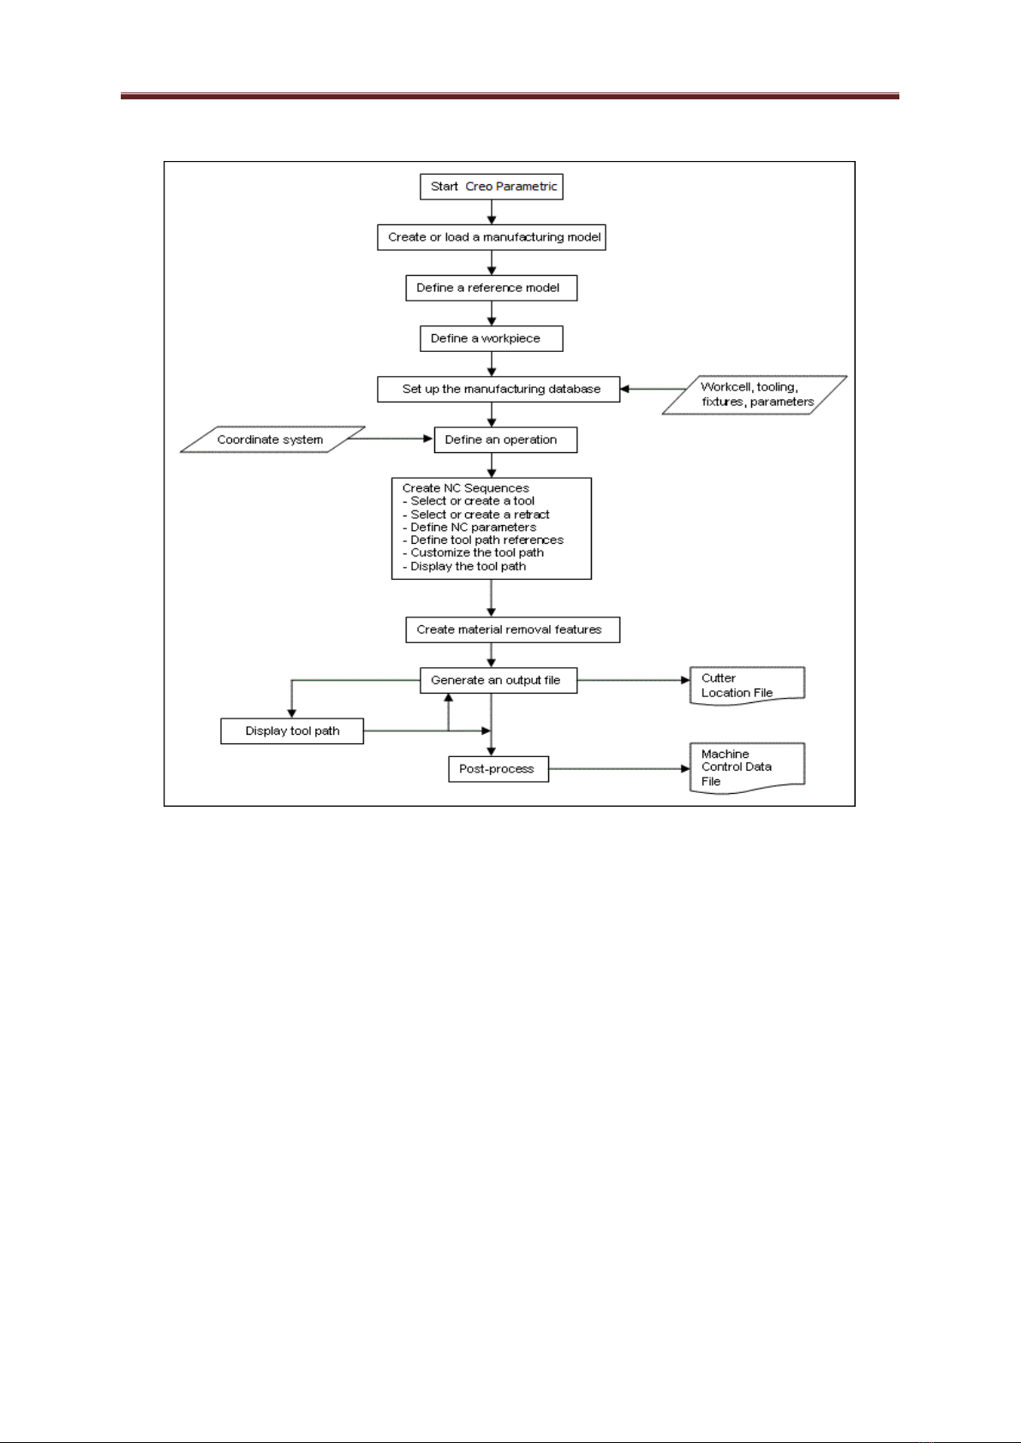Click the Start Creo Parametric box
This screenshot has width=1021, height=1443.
point(491,187)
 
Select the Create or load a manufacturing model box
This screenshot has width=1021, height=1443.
point(491,237)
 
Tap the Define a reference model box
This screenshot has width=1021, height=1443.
point(491,288)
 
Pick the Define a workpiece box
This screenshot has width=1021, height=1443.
point(491,338)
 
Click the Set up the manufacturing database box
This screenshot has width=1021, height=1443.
point(499,389)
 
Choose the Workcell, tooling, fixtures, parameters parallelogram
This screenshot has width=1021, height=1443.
point(755,395)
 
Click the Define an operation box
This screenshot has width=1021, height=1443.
point(505,439)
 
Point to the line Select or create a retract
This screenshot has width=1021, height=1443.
point(480,514)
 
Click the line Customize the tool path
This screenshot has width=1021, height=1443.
point(476,552)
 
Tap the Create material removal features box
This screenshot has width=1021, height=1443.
point(512,629)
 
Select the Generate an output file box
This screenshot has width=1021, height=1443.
point(498,680)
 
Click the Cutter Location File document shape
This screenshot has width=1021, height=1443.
point(747,685)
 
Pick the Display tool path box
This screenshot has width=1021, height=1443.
point(292,730)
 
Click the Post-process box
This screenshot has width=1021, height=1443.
point(498,768)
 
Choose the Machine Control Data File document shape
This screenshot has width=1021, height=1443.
point(747,767)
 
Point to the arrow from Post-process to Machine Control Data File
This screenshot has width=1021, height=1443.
point(619,768)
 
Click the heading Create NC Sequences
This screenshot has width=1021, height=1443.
point(465,488)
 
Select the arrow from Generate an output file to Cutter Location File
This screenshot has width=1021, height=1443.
point(633,680)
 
